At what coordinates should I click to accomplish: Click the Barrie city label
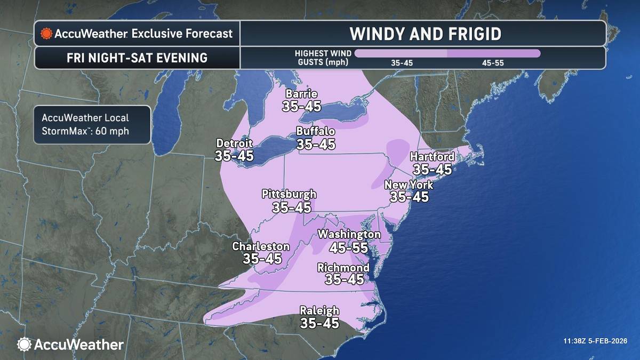click(x=301, y=94)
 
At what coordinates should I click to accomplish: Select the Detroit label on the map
click(x=234, y=143)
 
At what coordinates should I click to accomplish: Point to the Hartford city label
click(x=432, y=157)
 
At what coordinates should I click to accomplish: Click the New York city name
click(x=409, y=185)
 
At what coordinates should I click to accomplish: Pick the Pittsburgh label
click(x=289, y=194)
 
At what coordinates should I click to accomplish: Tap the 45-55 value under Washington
click(x=349, y=247)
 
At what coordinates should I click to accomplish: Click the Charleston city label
click(x=261, y=246)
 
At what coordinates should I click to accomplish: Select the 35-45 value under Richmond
click(x=344, y=279)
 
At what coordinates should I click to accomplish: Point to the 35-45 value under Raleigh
click(x=319, y=323)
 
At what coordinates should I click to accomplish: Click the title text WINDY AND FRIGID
click(x=425, y=34)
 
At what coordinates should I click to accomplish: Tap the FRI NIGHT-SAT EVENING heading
click(x=137, y=58)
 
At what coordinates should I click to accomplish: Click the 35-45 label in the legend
click(x=402, y=63)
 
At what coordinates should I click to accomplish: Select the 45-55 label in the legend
click(x=493, y=63)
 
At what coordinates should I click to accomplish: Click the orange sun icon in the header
click(x=46, y=34)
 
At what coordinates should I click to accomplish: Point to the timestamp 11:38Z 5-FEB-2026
click(x=595, y=341)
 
